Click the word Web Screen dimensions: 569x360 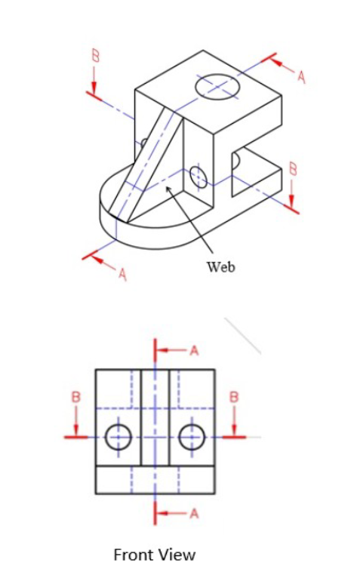pos(220,266)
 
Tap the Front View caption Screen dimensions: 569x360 pos(154,554)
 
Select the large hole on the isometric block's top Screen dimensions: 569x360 pos(217,87)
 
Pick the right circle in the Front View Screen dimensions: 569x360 pos(192,436)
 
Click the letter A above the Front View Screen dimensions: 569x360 pos(194,351)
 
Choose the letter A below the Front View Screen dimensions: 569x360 pos(194,514)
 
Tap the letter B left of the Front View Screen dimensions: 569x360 pos(75,396)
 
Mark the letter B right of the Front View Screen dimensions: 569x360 pos(234,396)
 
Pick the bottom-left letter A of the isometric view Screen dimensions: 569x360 pos(122,274)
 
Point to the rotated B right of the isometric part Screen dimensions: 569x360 pos(293,171)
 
